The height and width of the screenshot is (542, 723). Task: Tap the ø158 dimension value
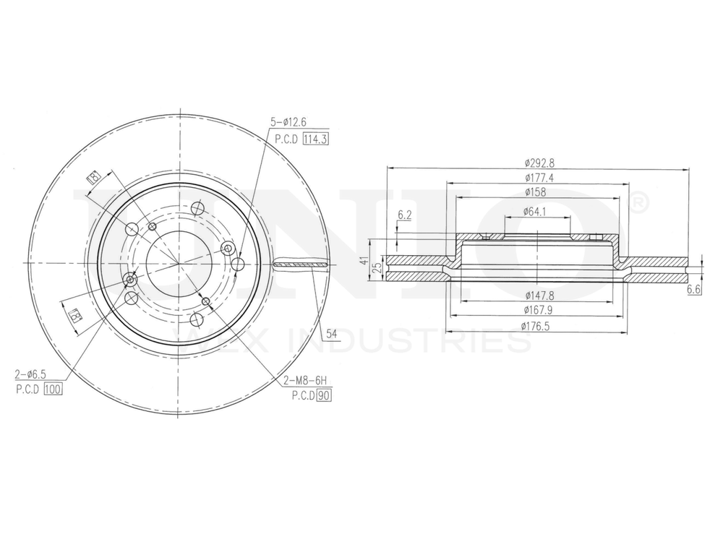(537, 192)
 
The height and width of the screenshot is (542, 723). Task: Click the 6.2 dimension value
(405, 215)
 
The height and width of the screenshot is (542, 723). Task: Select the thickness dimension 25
(377, 268)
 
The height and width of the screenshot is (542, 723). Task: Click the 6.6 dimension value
(693, 289)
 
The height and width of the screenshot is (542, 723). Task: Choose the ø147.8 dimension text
(537, 296)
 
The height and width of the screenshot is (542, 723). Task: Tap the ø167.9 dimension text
(537, 311)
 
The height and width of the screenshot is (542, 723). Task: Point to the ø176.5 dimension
(537, 326)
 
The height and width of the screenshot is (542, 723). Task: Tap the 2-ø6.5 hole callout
(31, 374)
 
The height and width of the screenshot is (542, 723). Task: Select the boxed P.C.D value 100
(54, 389)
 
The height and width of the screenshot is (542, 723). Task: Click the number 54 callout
(332, 334)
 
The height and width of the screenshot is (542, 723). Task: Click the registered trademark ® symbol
(638, 205)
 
